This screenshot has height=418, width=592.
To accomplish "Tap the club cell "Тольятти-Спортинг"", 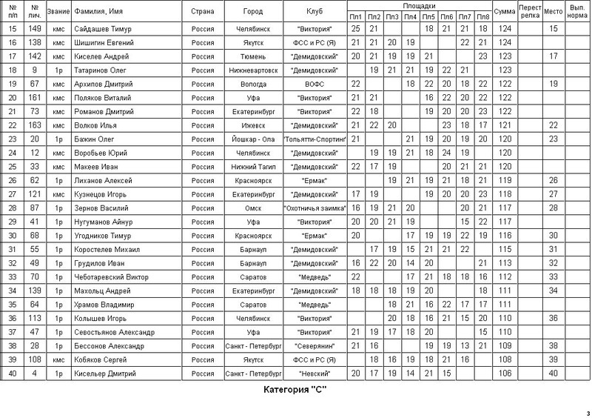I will (x=314, y=138).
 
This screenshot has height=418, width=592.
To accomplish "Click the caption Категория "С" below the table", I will (x=295, y=389).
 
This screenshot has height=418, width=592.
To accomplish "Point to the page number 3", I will (x=587, y=413).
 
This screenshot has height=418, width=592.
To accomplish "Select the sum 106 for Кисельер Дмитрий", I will (x=505, y=372).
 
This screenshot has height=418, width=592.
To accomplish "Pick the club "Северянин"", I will (x=314, y=345).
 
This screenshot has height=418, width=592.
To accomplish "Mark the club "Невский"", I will (x=314, y=372).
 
